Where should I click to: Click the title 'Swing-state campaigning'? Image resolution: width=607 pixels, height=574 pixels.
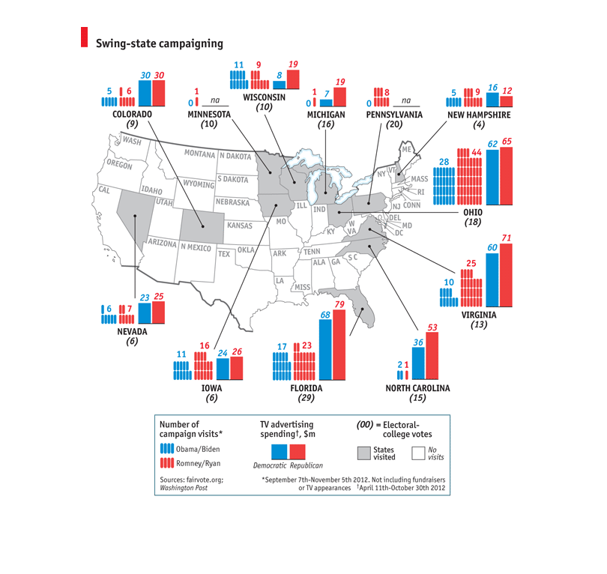tap(160, 43)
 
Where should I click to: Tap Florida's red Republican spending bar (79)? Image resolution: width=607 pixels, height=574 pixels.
tap(339, 345)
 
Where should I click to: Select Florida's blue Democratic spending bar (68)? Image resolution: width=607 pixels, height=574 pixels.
tap(325, 349)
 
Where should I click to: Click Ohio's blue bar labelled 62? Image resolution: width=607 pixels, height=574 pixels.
tap(492, 178)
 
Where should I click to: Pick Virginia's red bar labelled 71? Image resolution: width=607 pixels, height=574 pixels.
tap(506, 275)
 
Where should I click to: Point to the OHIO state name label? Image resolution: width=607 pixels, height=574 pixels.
tap(473, 213)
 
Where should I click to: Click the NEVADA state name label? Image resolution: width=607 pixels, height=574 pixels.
tap(132, 332)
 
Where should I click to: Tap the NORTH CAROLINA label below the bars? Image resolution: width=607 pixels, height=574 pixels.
tap(417, 388)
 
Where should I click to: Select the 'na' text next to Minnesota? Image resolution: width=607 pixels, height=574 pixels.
tap(215, 100)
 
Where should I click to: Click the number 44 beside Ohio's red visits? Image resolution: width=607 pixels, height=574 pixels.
tap(477, 153)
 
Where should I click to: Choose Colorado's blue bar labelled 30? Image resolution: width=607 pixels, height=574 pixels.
tap(145, 93)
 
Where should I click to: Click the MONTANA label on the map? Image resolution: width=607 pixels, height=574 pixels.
tap(199, 154)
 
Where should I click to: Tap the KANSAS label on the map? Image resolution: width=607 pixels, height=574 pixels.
tap(240, 226)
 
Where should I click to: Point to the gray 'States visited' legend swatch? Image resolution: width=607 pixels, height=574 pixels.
tap(364, 453)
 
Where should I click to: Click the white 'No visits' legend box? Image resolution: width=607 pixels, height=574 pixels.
tap(418, 453)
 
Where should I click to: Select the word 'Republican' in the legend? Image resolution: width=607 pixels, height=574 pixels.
tap(306, 465)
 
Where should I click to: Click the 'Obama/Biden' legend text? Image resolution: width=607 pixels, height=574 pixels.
tap(198, 450)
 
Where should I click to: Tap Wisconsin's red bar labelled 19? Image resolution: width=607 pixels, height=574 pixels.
tap(293, 79)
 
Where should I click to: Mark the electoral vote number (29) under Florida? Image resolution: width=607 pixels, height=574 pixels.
tap(306, 398)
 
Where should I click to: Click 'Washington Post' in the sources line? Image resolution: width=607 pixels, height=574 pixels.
tap(184, 488)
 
